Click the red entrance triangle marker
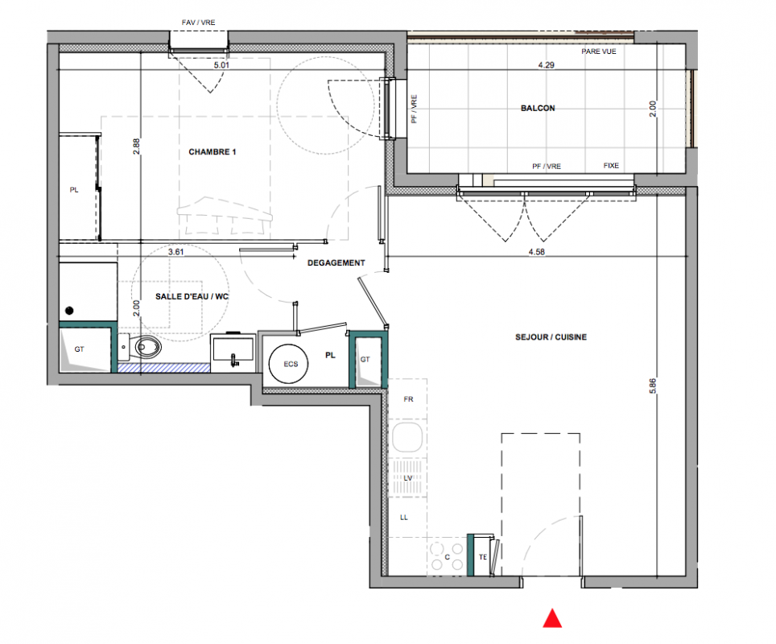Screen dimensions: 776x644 pos(552,618)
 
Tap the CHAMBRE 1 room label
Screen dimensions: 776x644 pos(213,152)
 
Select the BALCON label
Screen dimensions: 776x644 pos(538,108)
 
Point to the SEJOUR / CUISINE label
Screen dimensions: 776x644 pos(551,337)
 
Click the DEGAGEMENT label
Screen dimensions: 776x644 pos(336,263)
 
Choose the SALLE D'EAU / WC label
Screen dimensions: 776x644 pos(192,296)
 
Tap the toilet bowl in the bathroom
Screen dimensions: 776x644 pos(147,347)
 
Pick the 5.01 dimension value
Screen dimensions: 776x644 pos(221,65)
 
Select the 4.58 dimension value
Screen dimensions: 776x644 pos(536,252)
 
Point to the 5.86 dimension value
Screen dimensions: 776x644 pos(652,386)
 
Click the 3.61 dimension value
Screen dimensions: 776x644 pos(175,252)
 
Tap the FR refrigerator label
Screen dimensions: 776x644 pos(408,399)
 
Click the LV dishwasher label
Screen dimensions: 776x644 pos(408,478)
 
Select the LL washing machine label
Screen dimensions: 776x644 pos(404,518)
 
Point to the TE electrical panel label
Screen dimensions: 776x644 pos(482,557)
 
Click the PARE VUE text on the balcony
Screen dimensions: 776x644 pos(599,52)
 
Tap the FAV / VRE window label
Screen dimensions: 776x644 pos(199,23)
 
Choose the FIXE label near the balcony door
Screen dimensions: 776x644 pos(611,165)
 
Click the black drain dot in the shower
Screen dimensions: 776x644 pos(69,311)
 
